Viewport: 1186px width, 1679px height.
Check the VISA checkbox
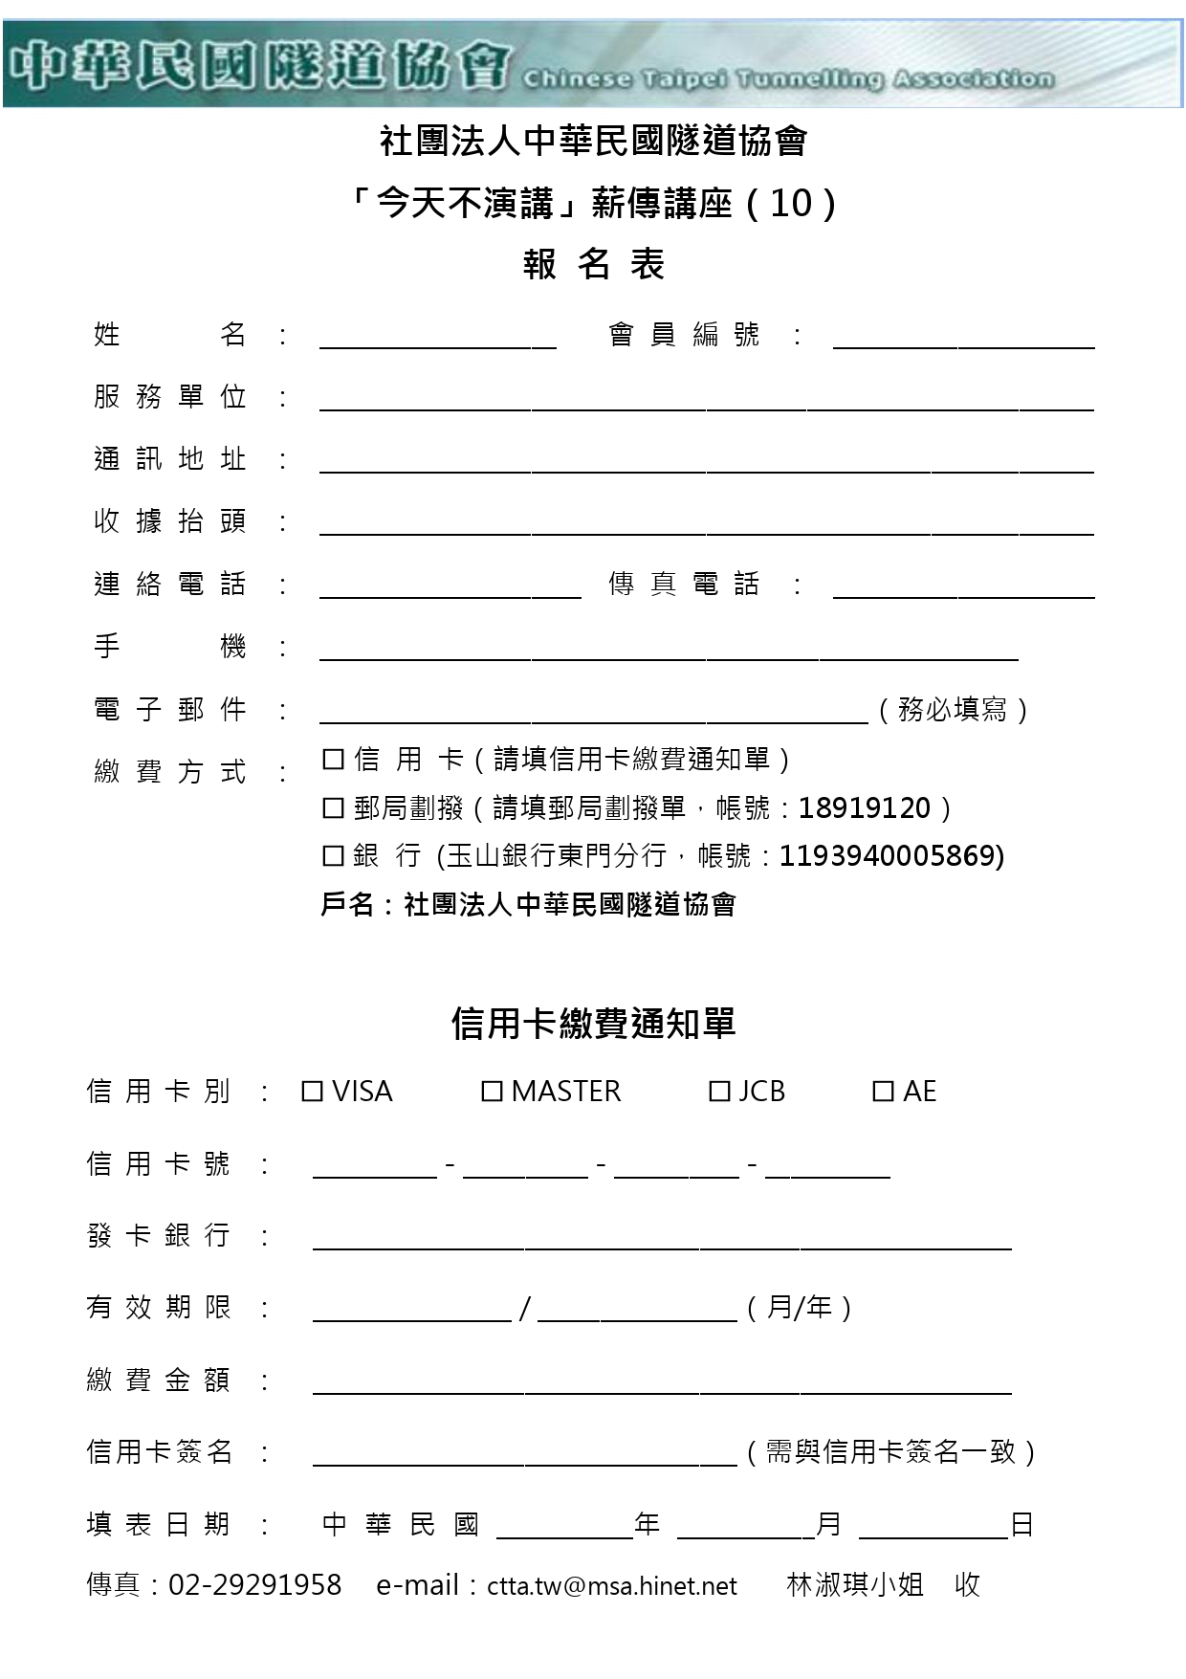pos(312,1092)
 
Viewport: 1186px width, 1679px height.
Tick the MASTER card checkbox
pos(492,1092)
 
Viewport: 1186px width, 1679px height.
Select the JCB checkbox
pos(719,1092)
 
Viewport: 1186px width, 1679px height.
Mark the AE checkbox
pos(883,1092)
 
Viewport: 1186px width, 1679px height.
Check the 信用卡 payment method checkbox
pos(333,760)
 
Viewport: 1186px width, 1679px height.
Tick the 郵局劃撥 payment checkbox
pos(333,808)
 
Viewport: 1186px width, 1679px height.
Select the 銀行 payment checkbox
pos(333,856)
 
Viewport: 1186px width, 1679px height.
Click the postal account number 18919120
pos(864,808)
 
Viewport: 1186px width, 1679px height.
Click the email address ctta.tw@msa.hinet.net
pos(612,1586)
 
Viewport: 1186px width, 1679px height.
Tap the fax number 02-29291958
pos(254,1585)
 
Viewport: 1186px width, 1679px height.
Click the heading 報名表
pos(593,264)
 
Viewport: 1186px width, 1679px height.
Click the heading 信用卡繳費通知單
pos(593,1024)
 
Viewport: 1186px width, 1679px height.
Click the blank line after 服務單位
pos(706,402)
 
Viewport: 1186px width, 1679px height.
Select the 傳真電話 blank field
pos(963,589)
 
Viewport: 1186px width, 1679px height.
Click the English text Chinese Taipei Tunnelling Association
pos(788,79)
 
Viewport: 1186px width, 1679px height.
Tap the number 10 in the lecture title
pos(790,203)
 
